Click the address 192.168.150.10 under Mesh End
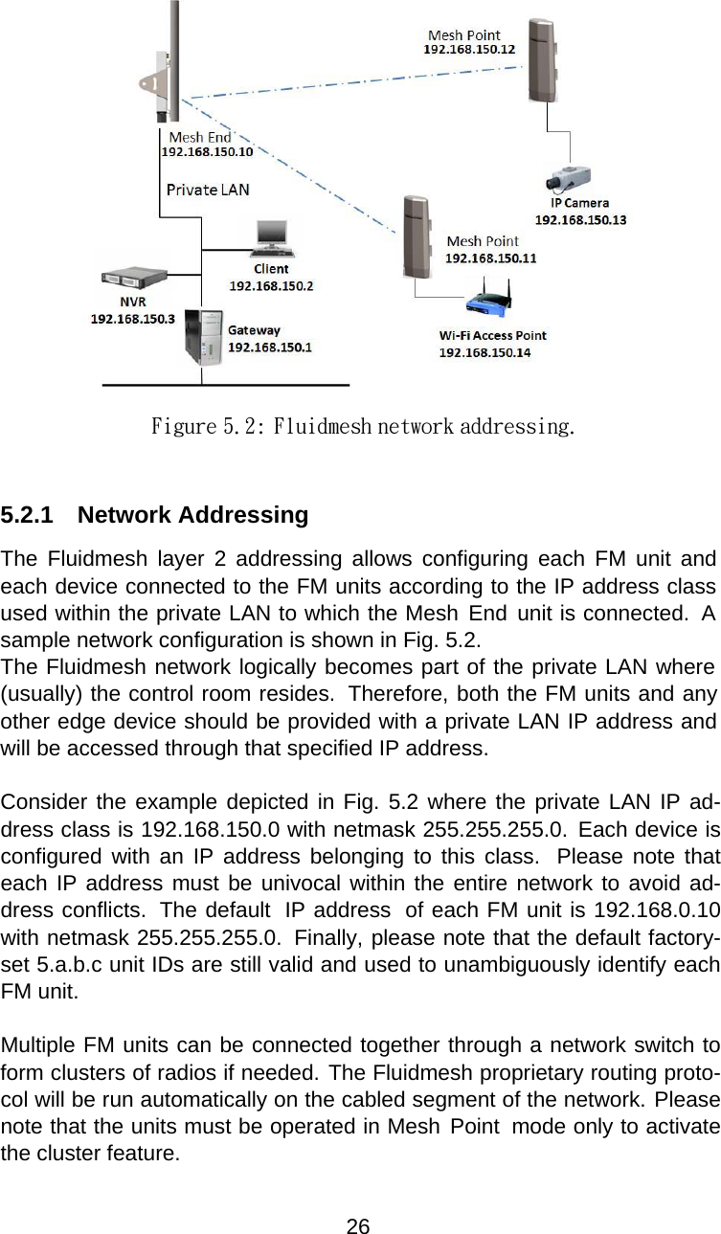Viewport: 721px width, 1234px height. tap(207, 151)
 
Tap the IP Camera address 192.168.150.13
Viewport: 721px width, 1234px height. tap(580, 219)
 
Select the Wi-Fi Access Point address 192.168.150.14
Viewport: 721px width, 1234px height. tap(485, 352)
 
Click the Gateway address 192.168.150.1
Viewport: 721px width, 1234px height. tap(269, 347)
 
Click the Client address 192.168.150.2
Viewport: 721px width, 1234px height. tap(271, 285)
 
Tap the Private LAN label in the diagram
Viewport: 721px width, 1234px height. tap(208, 189)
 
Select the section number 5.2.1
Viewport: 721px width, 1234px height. tap(27, 515)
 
